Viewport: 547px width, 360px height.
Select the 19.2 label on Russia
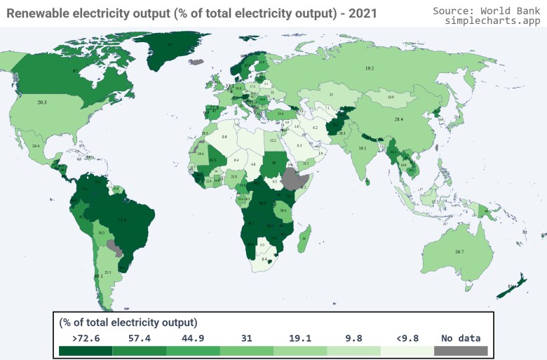click(370, 68)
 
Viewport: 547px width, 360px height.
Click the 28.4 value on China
click(398, 120)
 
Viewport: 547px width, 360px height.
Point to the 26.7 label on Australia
click(459, 251)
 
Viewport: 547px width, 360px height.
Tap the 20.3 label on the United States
click(42, 102)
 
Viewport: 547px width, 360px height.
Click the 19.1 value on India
click(363, 149)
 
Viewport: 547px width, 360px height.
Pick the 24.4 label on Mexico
click(36, 146)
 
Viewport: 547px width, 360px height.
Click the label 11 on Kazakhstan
click(330, 94)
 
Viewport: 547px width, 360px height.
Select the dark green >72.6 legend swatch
click(85, 350)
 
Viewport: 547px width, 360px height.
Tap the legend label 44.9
click(193, 338)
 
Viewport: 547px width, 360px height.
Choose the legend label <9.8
click(407, 338)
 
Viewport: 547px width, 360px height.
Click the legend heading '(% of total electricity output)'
click(128, 322)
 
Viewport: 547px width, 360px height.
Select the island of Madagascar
click(303, 237)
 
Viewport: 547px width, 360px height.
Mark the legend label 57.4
click(139, 338)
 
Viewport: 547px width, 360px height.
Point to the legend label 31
click(246, 338)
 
